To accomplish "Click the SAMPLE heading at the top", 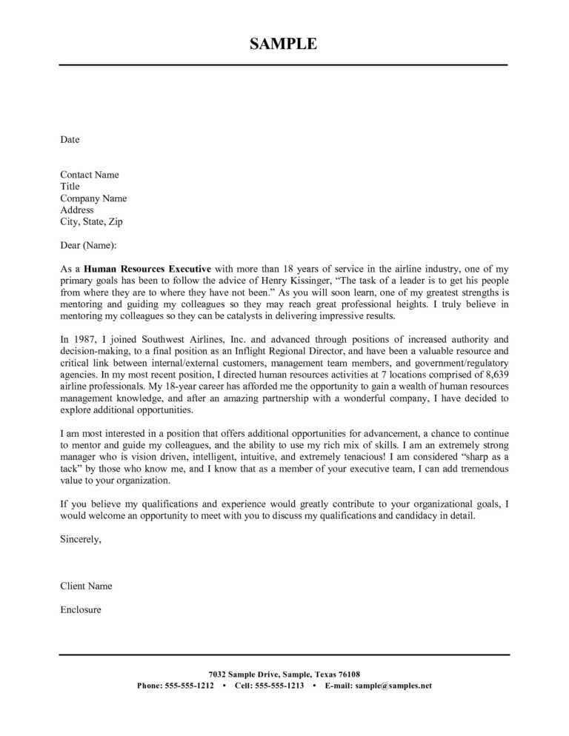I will point(283,44).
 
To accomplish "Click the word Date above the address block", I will point(70,139).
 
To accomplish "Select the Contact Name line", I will point(90,175).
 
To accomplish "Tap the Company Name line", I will point(93,198).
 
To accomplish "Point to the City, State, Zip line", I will point(93,221).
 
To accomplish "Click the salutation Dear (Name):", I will point(88,245).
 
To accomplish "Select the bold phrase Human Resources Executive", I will point(147,269).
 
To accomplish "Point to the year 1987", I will point(86,339).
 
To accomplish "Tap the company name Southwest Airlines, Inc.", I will point(196,339).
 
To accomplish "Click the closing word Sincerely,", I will point(81,539).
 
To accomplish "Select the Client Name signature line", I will point(86,586).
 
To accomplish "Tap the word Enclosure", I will point(81,609).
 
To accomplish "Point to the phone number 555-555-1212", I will point(189,686).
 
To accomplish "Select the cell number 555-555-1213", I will point(280,686).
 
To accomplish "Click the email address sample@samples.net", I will point(393,686).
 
